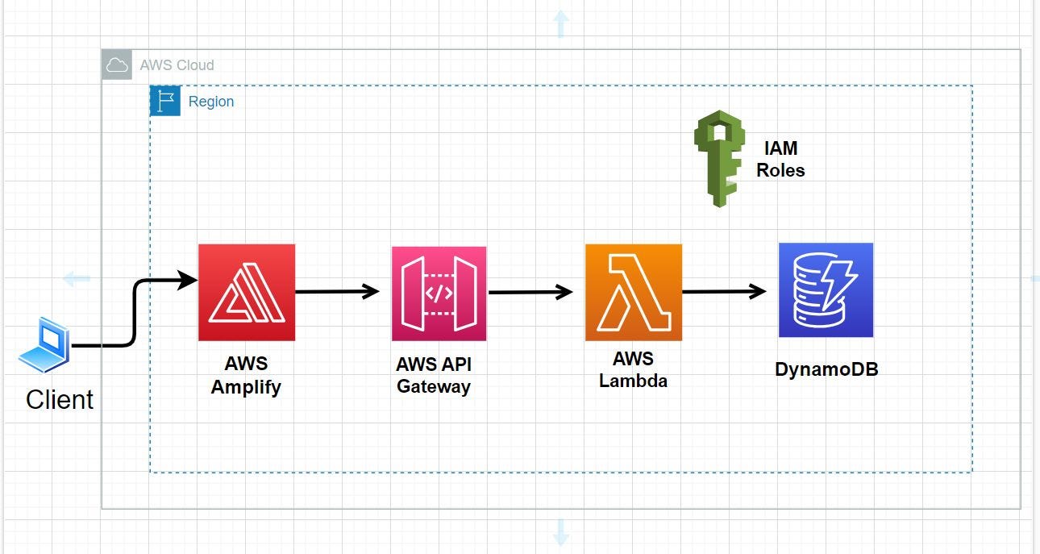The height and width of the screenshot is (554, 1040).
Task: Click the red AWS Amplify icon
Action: point(247,293)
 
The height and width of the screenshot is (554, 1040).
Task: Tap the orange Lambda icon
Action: point(633,293)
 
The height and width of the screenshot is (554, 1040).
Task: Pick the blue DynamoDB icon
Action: point(826,290)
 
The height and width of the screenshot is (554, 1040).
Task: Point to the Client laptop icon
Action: point(44,345)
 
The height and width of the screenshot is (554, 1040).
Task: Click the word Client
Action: point(60,399)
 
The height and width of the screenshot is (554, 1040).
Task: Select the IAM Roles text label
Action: point(780,159)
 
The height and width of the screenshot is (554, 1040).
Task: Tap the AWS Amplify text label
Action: point(246,375)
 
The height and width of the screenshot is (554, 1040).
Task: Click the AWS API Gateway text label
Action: point(433,375)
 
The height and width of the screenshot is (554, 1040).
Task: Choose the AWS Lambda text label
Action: point(633,369)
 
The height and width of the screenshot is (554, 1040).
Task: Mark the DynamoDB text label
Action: point(826,369)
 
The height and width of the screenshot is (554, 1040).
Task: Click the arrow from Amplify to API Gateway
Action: point(337,291)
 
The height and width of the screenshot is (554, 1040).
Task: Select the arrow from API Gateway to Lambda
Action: point(530,292)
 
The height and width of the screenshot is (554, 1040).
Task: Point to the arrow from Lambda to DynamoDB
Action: point(724,291)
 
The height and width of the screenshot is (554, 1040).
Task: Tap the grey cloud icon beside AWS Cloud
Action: point(118,65)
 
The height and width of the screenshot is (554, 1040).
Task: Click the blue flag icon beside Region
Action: point(165,102)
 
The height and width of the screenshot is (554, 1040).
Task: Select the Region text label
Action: point(211,102)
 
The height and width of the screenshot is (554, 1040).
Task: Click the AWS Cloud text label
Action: point(177,65)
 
